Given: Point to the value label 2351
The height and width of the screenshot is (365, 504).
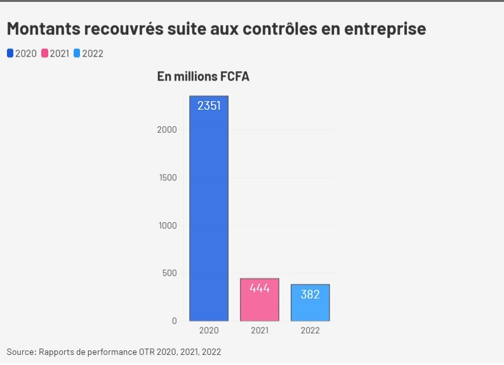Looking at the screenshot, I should (209, 106).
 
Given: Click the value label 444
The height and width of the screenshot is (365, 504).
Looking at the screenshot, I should (260, 288).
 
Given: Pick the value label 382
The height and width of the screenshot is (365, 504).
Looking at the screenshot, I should (310, 295).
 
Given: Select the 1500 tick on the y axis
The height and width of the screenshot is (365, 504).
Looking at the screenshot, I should (168, 178).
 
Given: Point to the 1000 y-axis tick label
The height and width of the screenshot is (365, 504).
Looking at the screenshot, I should (168, 225).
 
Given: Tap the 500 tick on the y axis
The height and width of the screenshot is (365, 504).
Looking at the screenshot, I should (170, 274).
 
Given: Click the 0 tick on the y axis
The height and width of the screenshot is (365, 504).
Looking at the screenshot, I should (175, 321).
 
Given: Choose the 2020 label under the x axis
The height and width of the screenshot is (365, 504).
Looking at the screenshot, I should (209, 331).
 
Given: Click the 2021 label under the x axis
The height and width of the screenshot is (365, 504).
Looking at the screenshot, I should (260, 331).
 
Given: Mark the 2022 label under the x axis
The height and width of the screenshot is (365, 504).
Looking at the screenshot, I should (310, 331).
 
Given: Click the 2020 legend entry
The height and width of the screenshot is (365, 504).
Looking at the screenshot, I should (22, 53).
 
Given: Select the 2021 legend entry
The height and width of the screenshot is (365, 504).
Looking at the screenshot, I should (55, 53).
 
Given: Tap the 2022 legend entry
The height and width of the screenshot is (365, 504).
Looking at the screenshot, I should (89, 53).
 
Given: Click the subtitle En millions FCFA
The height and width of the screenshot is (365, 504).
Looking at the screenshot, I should (203, 77).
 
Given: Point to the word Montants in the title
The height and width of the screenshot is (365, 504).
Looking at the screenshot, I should (42, 29).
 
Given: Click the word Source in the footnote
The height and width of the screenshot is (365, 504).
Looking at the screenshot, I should (21, 351).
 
